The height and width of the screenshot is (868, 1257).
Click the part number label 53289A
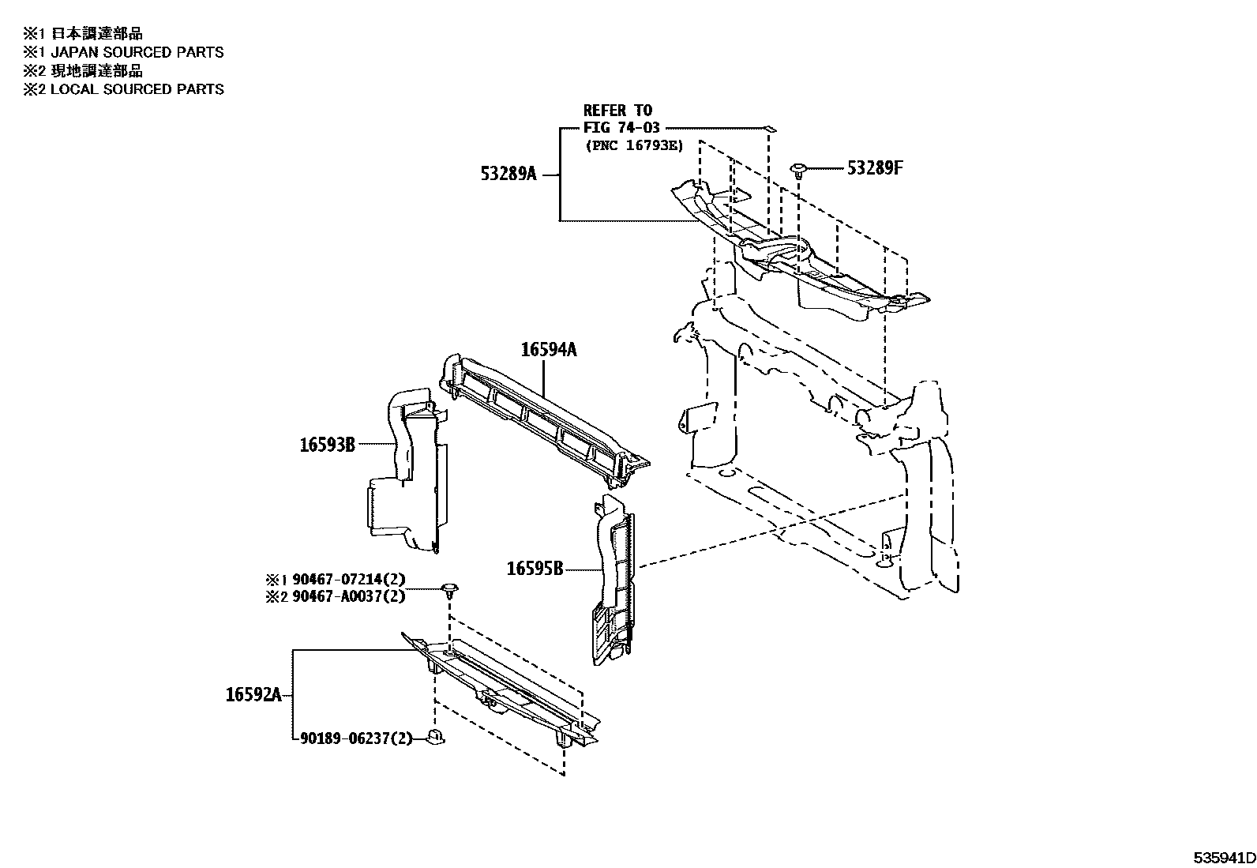point(508,174)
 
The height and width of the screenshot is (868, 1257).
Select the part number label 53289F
point(874,167)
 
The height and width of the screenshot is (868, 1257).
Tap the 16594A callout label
point(548,349)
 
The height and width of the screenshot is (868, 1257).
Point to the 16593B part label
point(327,445)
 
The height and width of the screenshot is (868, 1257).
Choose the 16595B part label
point(535,569)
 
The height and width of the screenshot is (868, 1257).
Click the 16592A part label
point(253,695)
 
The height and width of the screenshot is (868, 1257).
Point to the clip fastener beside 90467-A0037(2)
point(450,589)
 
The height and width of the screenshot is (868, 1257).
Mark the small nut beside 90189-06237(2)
point(436,738)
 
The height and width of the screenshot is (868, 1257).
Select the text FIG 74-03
point(621,128)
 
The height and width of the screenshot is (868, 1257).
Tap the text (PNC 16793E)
point(634,145)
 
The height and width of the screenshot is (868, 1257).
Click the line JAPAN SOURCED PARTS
point(137,52)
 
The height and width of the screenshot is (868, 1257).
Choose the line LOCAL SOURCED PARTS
point(137,89)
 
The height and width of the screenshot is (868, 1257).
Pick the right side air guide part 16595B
point(614,581)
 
